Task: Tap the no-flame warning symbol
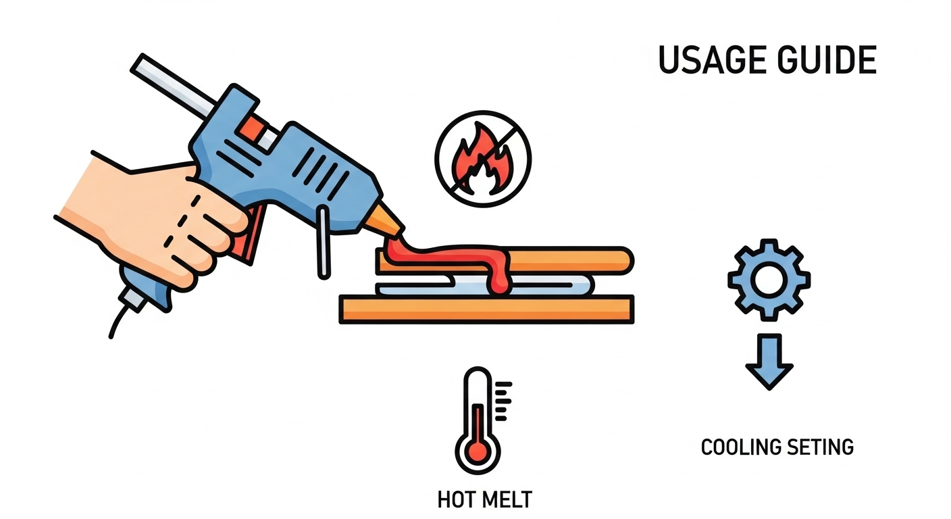click(483, 159)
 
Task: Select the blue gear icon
click(769, 280)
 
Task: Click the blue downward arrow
click(769, 362)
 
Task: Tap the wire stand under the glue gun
click(323, 242)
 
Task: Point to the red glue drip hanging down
click(500, 276)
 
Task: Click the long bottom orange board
click(486, 310)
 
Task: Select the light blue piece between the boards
click(484, 285)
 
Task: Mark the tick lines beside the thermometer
click(503, 401)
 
